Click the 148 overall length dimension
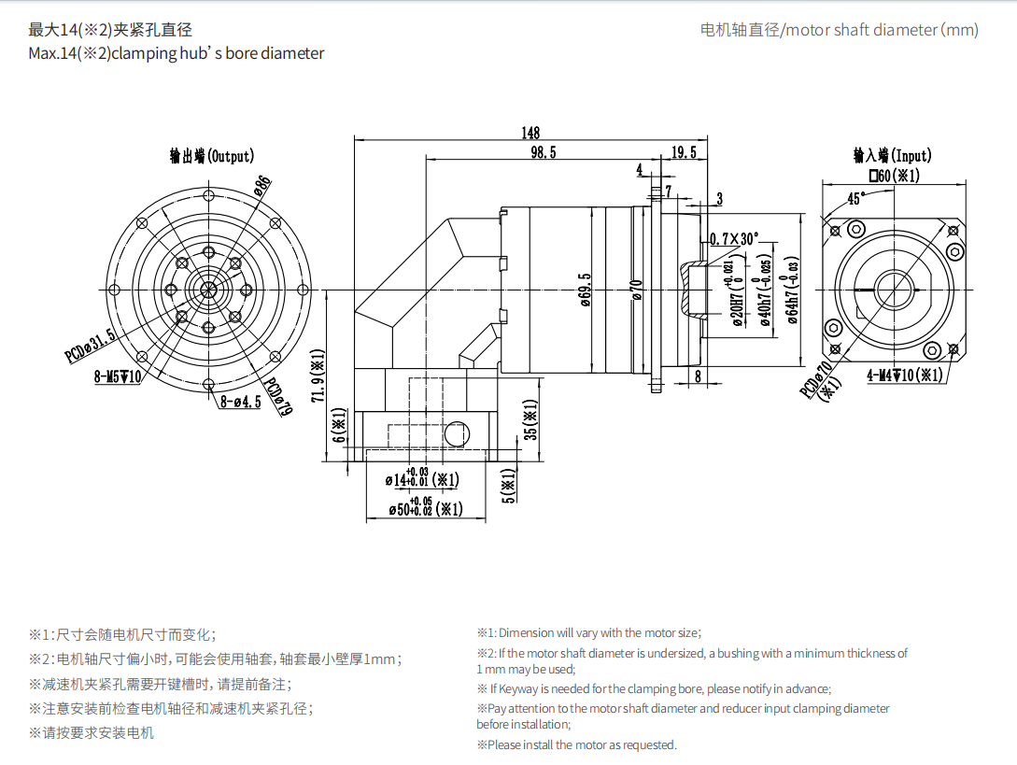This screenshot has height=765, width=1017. point(530,134)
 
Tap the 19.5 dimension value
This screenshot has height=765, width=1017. point(683,153)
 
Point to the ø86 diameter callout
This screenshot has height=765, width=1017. point(262,186)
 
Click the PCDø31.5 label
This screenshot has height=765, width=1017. point(91,346)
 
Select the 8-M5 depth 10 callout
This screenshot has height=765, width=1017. point(118,376)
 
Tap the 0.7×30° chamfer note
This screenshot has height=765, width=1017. point(734,238)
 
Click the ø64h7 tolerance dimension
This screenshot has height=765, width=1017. point(793,289)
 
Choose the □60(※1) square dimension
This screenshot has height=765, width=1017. point(894,176)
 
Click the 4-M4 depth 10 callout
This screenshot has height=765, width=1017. point(904,375)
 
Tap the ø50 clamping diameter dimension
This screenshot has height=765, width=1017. point(424,508)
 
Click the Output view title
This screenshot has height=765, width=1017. point(211,156)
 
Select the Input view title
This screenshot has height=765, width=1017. point(893,155)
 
